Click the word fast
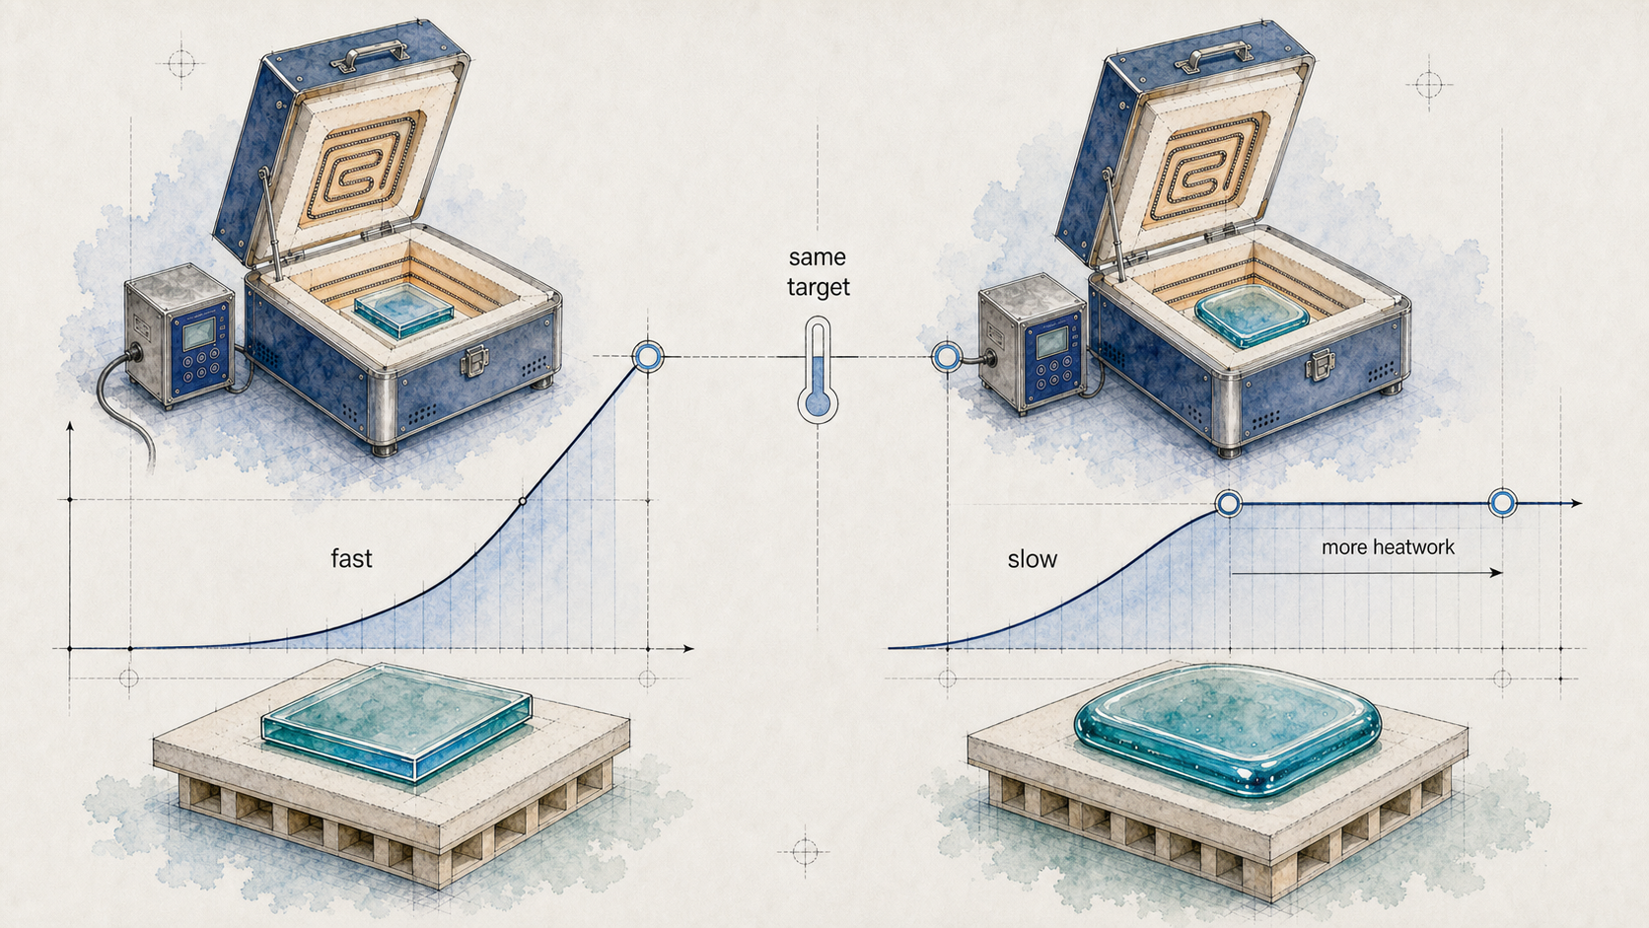pyautogui.click(x=351, y=558)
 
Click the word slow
pyautogui.click(x=1032, y=559)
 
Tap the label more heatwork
pyautogui.click(x=1388, y=547)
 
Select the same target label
pyautogui.click(x=818, y=271)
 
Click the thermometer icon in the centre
pyautogui.click(x=818, y=370)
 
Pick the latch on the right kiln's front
pyautogui.click(x=1320, y=364)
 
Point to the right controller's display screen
pyautogui.click(x=1050, y=342)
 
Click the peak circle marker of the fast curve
pyautogui.click(x=648, y=357)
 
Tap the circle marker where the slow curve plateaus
pyautogui.click(x=1229, y=504)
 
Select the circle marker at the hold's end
pyautogui.click(x=1502, y=503)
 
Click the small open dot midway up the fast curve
pyautogui.click(x=523, y=501)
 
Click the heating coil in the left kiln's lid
pyautogui.click(x=365, y=167)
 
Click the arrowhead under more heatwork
pyautogui.click(x=1496, y=573)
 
